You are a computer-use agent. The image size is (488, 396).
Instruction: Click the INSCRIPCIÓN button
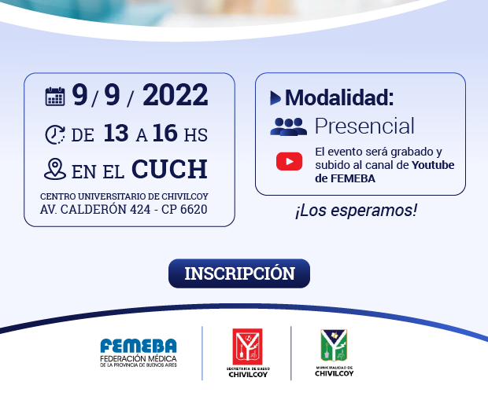239,273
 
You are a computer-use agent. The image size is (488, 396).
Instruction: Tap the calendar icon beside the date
55,97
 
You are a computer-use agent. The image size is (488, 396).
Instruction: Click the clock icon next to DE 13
55,134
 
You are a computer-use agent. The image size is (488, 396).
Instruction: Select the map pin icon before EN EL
55,169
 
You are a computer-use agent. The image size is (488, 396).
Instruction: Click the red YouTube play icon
289,162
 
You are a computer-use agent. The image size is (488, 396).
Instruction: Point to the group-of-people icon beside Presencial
289,126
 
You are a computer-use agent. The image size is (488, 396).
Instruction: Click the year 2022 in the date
176,95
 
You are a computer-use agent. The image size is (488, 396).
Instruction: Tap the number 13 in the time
116,133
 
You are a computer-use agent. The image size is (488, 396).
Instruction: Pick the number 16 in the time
165,133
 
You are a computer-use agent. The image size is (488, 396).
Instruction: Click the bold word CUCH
169,169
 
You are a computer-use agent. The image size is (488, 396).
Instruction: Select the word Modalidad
339,97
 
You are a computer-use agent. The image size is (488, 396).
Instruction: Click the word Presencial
364,126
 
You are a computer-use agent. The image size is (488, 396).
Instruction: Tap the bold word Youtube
433,165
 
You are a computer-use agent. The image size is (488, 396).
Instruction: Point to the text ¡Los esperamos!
356,211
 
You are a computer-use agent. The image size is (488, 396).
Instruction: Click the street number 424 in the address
140,210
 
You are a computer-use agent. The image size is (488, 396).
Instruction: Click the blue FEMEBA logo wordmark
139,346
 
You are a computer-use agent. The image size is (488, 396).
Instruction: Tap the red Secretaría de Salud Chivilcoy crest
247,346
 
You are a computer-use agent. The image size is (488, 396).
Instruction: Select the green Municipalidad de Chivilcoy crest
334,346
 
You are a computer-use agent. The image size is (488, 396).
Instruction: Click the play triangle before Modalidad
275,98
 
